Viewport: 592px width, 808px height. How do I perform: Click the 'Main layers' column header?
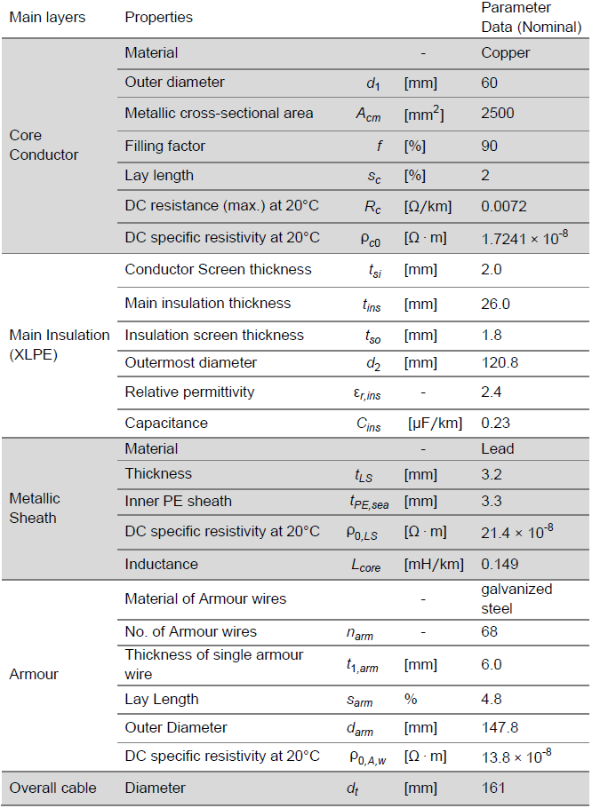[x=47, y=17]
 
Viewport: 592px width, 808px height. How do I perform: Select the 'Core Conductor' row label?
[x=44, y=145]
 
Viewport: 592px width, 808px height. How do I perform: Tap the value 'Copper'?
[x=505, y=52]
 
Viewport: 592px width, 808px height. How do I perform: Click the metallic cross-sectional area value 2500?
[x=497, y=113]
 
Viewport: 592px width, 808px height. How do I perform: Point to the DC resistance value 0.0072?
[x=502, y=206]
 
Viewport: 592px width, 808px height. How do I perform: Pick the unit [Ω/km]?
[x=428, y=206]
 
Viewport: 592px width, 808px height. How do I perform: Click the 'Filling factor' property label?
[x=164, y=146]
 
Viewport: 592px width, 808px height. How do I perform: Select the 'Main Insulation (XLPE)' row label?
[x=59, y=345]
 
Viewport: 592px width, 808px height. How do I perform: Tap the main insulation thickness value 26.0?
[x=495, y=304]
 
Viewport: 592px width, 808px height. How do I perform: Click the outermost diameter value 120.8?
[x=499, y=362]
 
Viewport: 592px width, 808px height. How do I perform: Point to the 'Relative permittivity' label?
[x=188, y=392]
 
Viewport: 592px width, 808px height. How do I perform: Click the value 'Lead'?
[x=497, y=448]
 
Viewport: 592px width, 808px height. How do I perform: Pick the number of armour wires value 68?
[x=489, y=632]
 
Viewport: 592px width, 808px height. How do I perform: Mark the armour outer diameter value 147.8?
[x=499, y=727]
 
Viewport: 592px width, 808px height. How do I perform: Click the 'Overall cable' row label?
[x=52, y=788]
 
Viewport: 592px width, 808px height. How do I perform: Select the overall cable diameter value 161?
[x=493, y=788]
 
